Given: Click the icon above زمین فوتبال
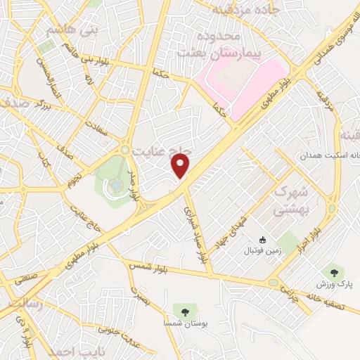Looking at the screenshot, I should point(263,240).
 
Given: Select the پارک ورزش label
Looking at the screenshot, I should point(333,283).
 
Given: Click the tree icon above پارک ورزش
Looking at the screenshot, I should point(333,271).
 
